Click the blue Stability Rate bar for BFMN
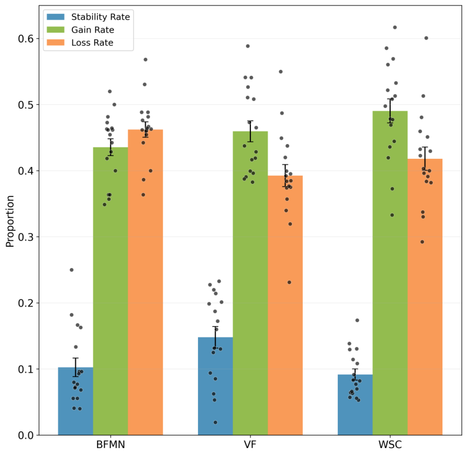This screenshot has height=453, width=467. click(75, 401)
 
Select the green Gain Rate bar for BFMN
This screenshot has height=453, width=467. click(111, 291)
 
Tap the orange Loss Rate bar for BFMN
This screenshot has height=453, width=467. click(145, 282)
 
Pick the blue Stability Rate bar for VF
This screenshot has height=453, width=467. click(215, 386)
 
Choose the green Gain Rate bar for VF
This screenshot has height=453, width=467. click(250, 283)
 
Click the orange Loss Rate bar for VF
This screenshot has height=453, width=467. click(285, 306)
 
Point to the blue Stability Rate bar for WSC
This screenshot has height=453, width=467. click(355, 405)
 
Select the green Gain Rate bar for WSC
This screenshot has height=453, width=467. click(390, 273)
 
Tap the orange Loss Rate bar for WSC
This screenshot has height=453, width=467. click(425, 297)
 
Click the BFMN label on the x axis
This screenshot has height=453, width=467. click(111, 445)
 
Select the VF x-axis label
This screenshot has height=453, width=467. click(250, 445)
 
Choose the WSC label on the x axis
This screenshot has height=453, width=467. click(390, 445)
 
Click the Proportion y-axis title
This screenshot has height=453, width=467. click(10, 221)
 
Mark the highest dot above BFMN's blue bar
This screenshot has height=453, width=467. click(71, 270)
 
